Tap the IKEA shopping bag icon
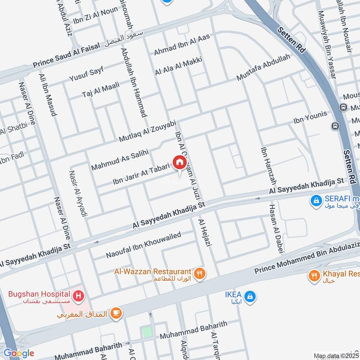click(x=251, y=297)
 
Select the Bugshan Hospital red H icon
click(x=79, y=296)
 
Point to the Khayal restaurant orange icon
click(x=314, y=275)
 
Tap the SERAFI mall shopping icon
click(x=316, y=199)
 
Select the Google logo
click(x=18, y=353)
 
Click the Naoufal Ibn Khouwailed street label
click(x=143, y=245)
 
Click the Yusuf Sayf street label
click(x=86, y=75)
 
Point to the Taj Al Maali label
click(x=99, y=90)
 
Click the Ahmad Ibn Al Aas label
click(x=182, y=46)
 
